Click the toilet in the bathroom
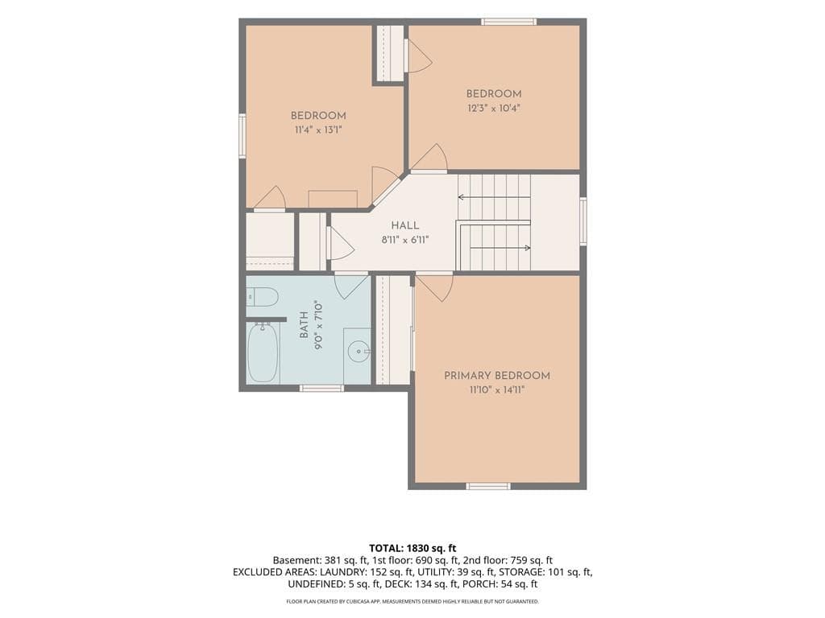(262, 298)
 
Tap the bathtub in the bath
(263, 352)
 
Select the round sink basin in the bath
(359, 351)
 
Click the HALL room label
(405, 225)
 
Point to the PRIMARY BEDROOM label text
(497, 376)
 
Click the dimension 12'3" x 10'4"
(494, 109)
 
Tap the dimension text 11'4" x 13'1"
(318, 130)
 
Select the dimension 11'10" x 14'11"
(497, 390)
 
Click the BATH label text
(304, 325)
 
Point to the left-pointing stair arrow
(494, 198)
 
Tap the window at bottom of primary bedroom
(488, 486)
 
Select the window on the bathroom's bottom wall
(322, 389)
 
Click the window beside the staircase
(583, 220)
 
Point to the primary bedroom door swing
(435, 288)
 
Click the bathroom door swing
(351, 287)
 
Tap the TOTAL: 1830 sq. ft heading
(412, 549)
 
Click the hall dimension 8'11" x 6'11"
(405, 240)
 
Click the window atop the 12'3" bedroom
(509, 22)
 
